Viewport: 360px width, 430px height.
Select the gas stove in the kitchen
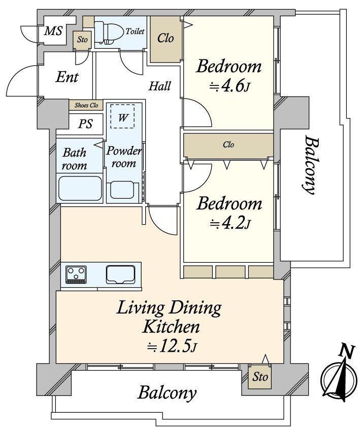(x=76, y=274)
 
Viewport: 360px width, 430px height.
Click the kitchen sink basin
(x=120, y=274)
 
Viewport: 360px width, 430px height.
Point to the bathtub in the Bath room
(x=80, y=189)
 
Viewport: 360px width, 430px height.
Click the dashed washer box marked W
(x=122, y=116)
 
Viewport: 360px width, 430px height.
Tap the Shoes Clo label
(x=86, y=105)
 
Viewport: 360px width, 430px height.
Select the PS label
(x=85, y=124)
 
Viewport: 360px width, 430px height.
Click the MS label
(x=54, y=31)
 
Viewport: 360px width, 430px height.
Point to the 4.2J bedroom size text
(x=230, y=224)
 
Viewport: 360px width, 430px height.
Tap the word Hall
(x=160, y=86)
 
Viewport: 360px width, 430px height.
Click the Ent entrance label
(x=67, y=77)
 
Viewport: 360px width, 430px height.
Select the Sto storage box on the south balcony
(x=259, y=377)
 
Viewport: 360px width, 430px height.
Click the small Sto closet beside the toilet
(x=82, y=40)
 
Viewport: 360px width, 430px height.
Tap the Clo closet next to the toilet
(x=166, y=39)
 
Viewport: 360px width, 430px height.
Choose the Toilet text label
(x=135, y=32)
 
